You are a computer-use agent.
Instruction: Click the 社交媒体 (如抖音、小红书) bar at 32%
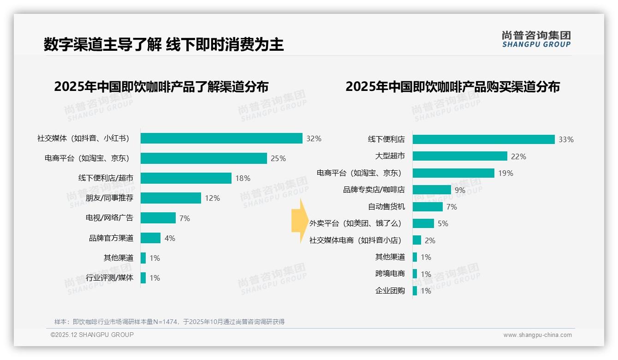[x=221, y=138]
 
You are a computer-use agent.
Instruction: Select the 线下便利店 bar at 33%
[x=483, y=139]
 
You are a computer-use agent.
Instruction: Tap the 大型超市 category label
[x=390, y=156]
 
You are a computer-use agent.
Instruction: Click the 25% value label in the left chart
[x=278, y=158]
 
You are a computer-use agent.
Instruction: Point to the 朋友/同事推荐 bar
[x=171, y=198]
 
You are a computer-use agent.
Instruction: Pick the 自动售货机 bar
[x=428, y=207]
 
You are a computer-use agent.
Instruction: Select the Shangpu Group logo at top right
[x=536, y=39]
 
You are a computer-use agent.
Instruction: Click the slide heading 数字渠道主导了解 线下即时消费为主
[x=163, y=45]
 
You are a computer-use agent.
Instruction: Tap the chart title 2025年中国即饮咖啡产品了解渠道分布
[x=161, y=87]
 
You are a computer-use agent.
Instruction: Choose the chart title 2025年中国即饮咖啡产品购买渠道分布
[x=452, y=87]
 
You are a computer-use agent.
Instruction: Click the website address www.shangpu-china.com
[x=537, y=335]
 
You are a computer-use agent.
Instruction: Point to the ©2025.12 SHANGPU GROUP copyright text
[x=92, y=335]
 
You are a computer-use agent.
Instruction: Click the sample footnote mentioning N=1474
[x=169, y=322]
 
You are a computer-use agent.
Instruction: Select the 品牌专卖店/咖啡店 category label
[x=374, y=190]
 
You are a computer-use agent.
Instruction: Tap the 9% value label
[x=460, y=190]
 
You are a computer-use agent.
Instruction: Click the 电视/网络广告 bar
[x=158, y=218]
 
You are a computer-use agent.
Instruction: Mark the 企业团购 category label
[x=390, y=291]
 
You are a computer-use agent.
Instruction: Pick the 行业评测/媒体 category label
[x=109, y=278]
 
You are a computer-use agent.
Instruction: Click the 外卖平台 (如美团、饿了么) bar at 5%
[x=423, y=223]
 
